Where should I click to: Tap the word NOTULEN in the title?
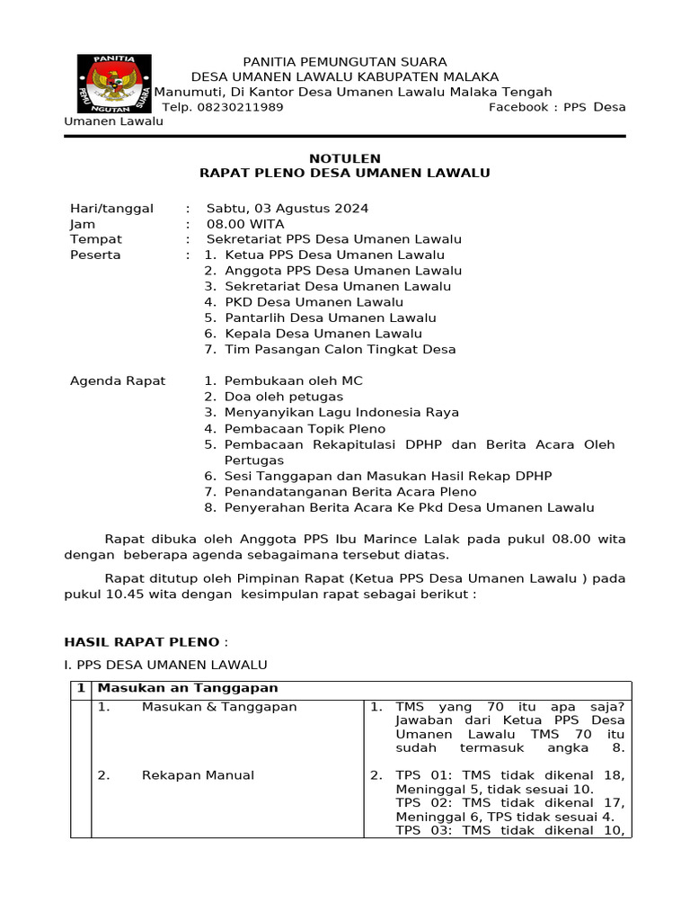pos(344,158)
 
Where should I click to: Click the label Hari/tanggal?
pos(111,208)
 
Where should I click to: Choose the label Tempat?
pos(96,239)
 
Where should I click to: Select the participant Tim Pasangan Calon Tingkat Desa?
pos(340,349)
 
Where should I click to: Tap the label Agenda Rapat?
pos(118,380)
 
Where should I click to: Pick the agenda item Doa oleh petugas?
pos(284,397)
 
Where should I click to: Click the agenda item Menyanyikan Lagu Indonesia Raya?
pos(341,412)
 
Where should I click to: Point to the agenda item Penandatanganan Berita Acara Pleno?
pos(350,492)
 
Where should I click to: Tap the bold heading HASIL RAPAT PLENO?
pos(142,641)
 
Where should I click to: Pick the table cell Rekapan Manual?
pos(198,775)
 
